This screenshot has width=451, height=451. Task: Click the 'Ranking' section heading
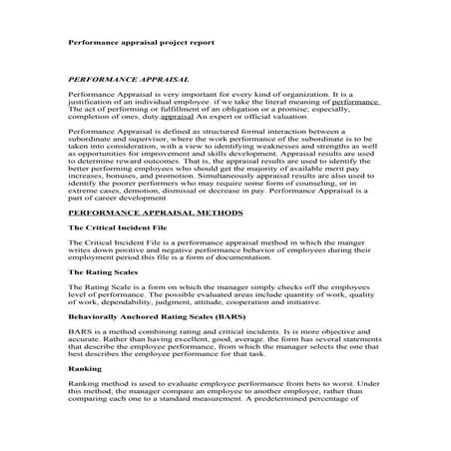point(82,396)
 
